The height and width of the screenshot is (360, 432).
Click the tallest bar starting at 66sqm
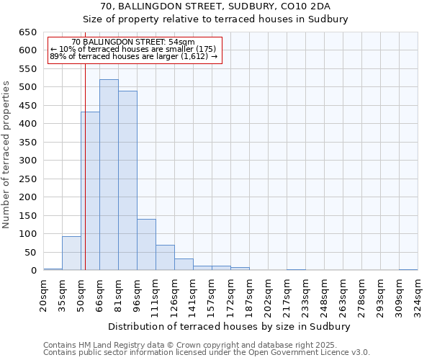pos(109,175)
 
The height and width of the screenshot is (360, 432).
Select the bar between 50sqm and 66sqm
pos(90,191)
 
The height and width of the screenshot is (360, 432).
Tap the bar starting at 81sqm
pos(127,180)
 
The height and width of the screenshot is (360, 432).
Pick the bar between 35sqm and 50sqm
pos(71,253)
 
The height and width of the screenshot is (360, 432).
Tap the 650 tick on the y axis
pos(28,32)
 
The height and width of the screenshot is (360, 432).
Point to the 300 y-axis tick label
pos(28,161)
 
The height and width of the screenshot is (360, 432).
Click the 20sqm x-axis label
pos(43,294)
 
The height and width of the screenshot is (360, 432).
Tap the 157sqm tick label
pos(212,294)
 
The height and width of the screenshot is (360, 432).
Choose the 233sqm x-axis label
pos(305,294)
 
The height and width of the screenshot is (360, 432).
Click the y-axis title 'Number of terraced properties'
pos(7,154)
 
